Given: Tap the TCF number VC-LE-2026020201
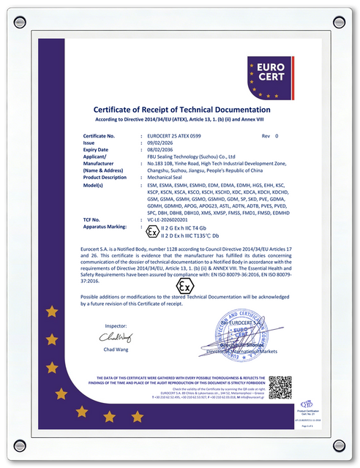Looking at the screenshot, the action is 172,219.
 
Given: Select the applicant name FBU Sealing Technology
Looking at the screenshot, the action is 190,156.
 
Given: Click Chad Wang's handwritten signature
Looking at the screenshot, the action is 115,338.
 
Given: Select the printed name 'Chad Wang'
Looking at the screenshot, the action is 116,350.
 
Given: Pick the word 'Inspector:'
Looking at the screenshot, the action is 116,325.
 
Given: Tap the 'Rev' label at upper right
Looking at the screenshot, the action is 266,136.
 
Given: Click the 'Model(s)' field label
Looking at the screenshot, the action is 98,185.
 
